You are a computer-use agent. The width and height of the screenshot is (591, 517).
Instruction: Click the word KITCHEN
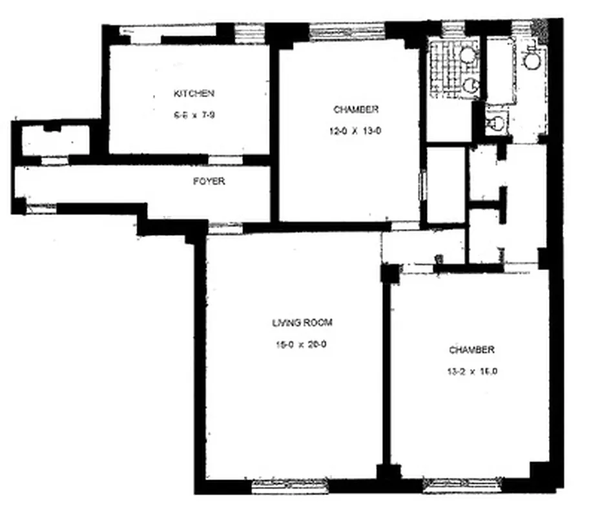click(x=194, y=94)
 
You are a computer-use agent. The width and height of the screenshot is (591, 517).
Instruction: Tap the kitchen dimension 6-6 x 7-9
click(x=194, y=116)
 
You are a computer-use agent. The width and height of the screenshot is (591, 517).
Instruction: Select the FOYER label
click(x=209, y=182)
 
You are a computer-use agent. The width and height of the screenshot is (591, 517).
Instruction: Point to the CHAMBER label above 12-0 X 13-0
click(x=356, y=109)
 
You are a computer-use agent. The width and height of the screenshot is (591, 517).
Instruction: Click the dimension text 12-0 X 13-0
click(x=356, y=131)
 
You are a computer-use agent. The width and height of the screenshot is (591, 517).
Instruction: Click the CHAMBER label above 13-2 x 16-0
click(x=472, y=350)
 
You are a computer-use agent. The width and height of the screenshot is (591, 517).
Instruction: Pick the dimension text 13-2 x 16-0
click(x=472, y=372)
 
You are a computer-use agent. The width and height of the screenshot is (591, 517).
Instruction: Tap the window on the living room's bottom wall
click(x=280, y=485)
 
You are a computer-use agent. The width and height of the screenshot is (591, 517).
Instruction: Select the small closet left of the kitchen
click(x=55, y=141)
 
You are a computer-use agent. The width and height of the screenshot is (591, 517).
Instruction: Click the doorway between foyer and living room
click(x=225, y=227)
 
